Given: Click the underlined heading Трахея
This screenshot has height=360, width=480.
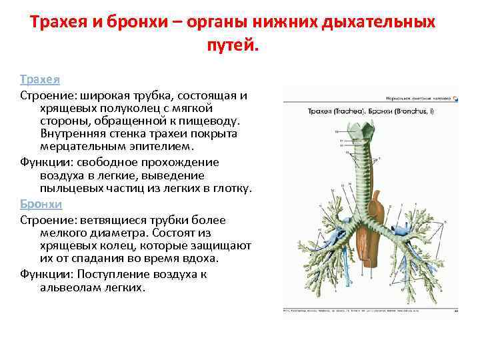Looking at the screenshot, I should tap(40, 79).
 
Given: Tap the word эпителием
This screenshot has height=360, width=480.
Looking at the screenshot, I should tap(160, 147).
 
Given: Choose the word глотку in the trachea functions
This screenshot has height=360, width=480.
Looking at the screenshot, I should tap(233, 189).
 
